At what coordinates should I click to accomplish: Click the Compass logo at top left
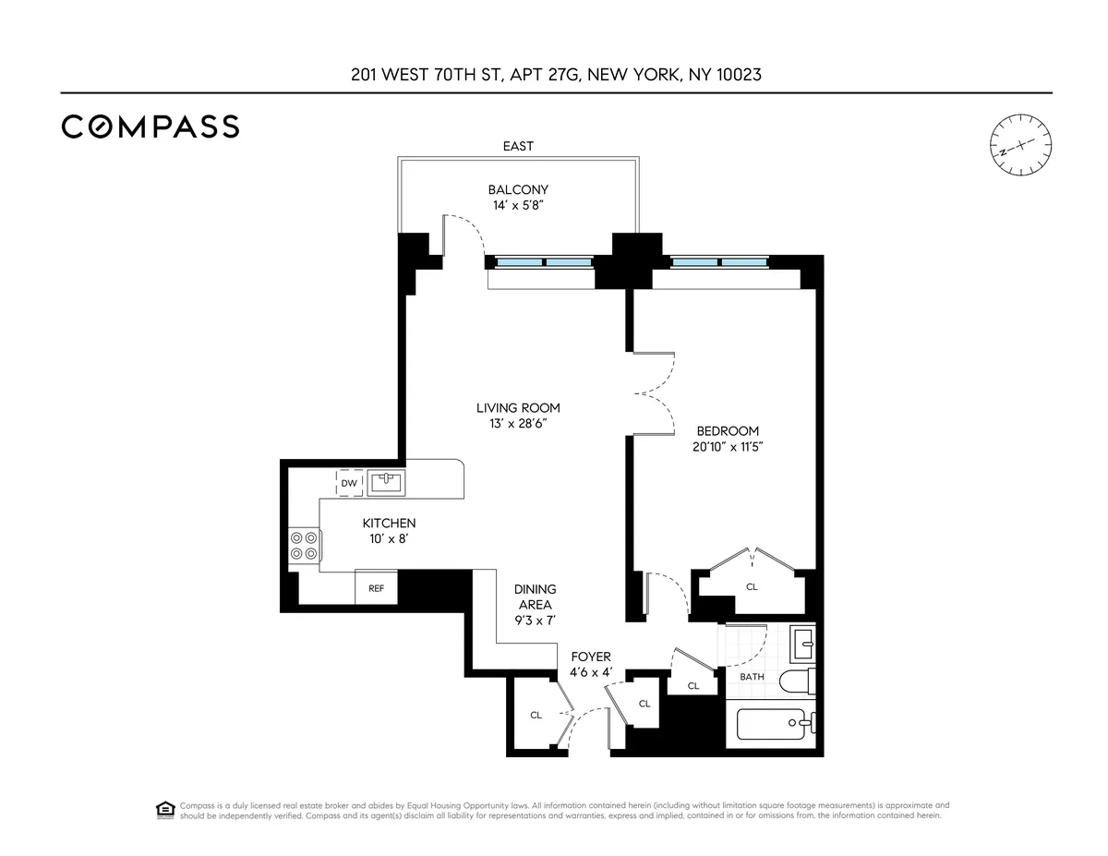tap(151, 127)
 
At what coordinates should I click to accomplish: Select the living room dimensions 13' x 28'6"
tap(518, 424)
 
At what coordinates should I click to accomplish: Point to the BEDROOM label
tap(728, 431)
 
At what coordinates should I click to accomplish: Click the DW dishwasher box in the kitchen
tap(349, 483)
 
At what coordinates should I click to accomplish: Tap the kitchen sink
tap(386, 481)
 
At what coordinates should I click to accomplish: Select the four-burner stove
tap(304, 545)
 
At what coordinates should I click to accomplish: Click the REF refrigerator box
tap(376, 588)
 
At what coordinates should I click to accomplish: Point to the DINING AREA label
tap(536, 597)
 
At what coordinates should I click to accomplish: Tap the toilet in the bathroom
tap(797, 682)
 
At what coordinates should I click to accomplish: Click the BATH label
tap(752, 677)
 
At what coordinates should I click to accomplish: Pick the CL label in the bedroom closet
tap(752, 587)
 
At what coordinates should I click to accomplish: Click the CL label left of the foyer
tap(536, 715)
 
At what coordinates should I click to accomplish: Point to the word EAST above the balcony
tap(518, 146)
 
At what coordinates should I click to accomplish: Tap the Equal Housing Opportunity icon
tap(164, 810)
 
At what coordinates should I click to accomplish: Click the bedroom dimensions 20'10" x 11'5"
tap(728, 447)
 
